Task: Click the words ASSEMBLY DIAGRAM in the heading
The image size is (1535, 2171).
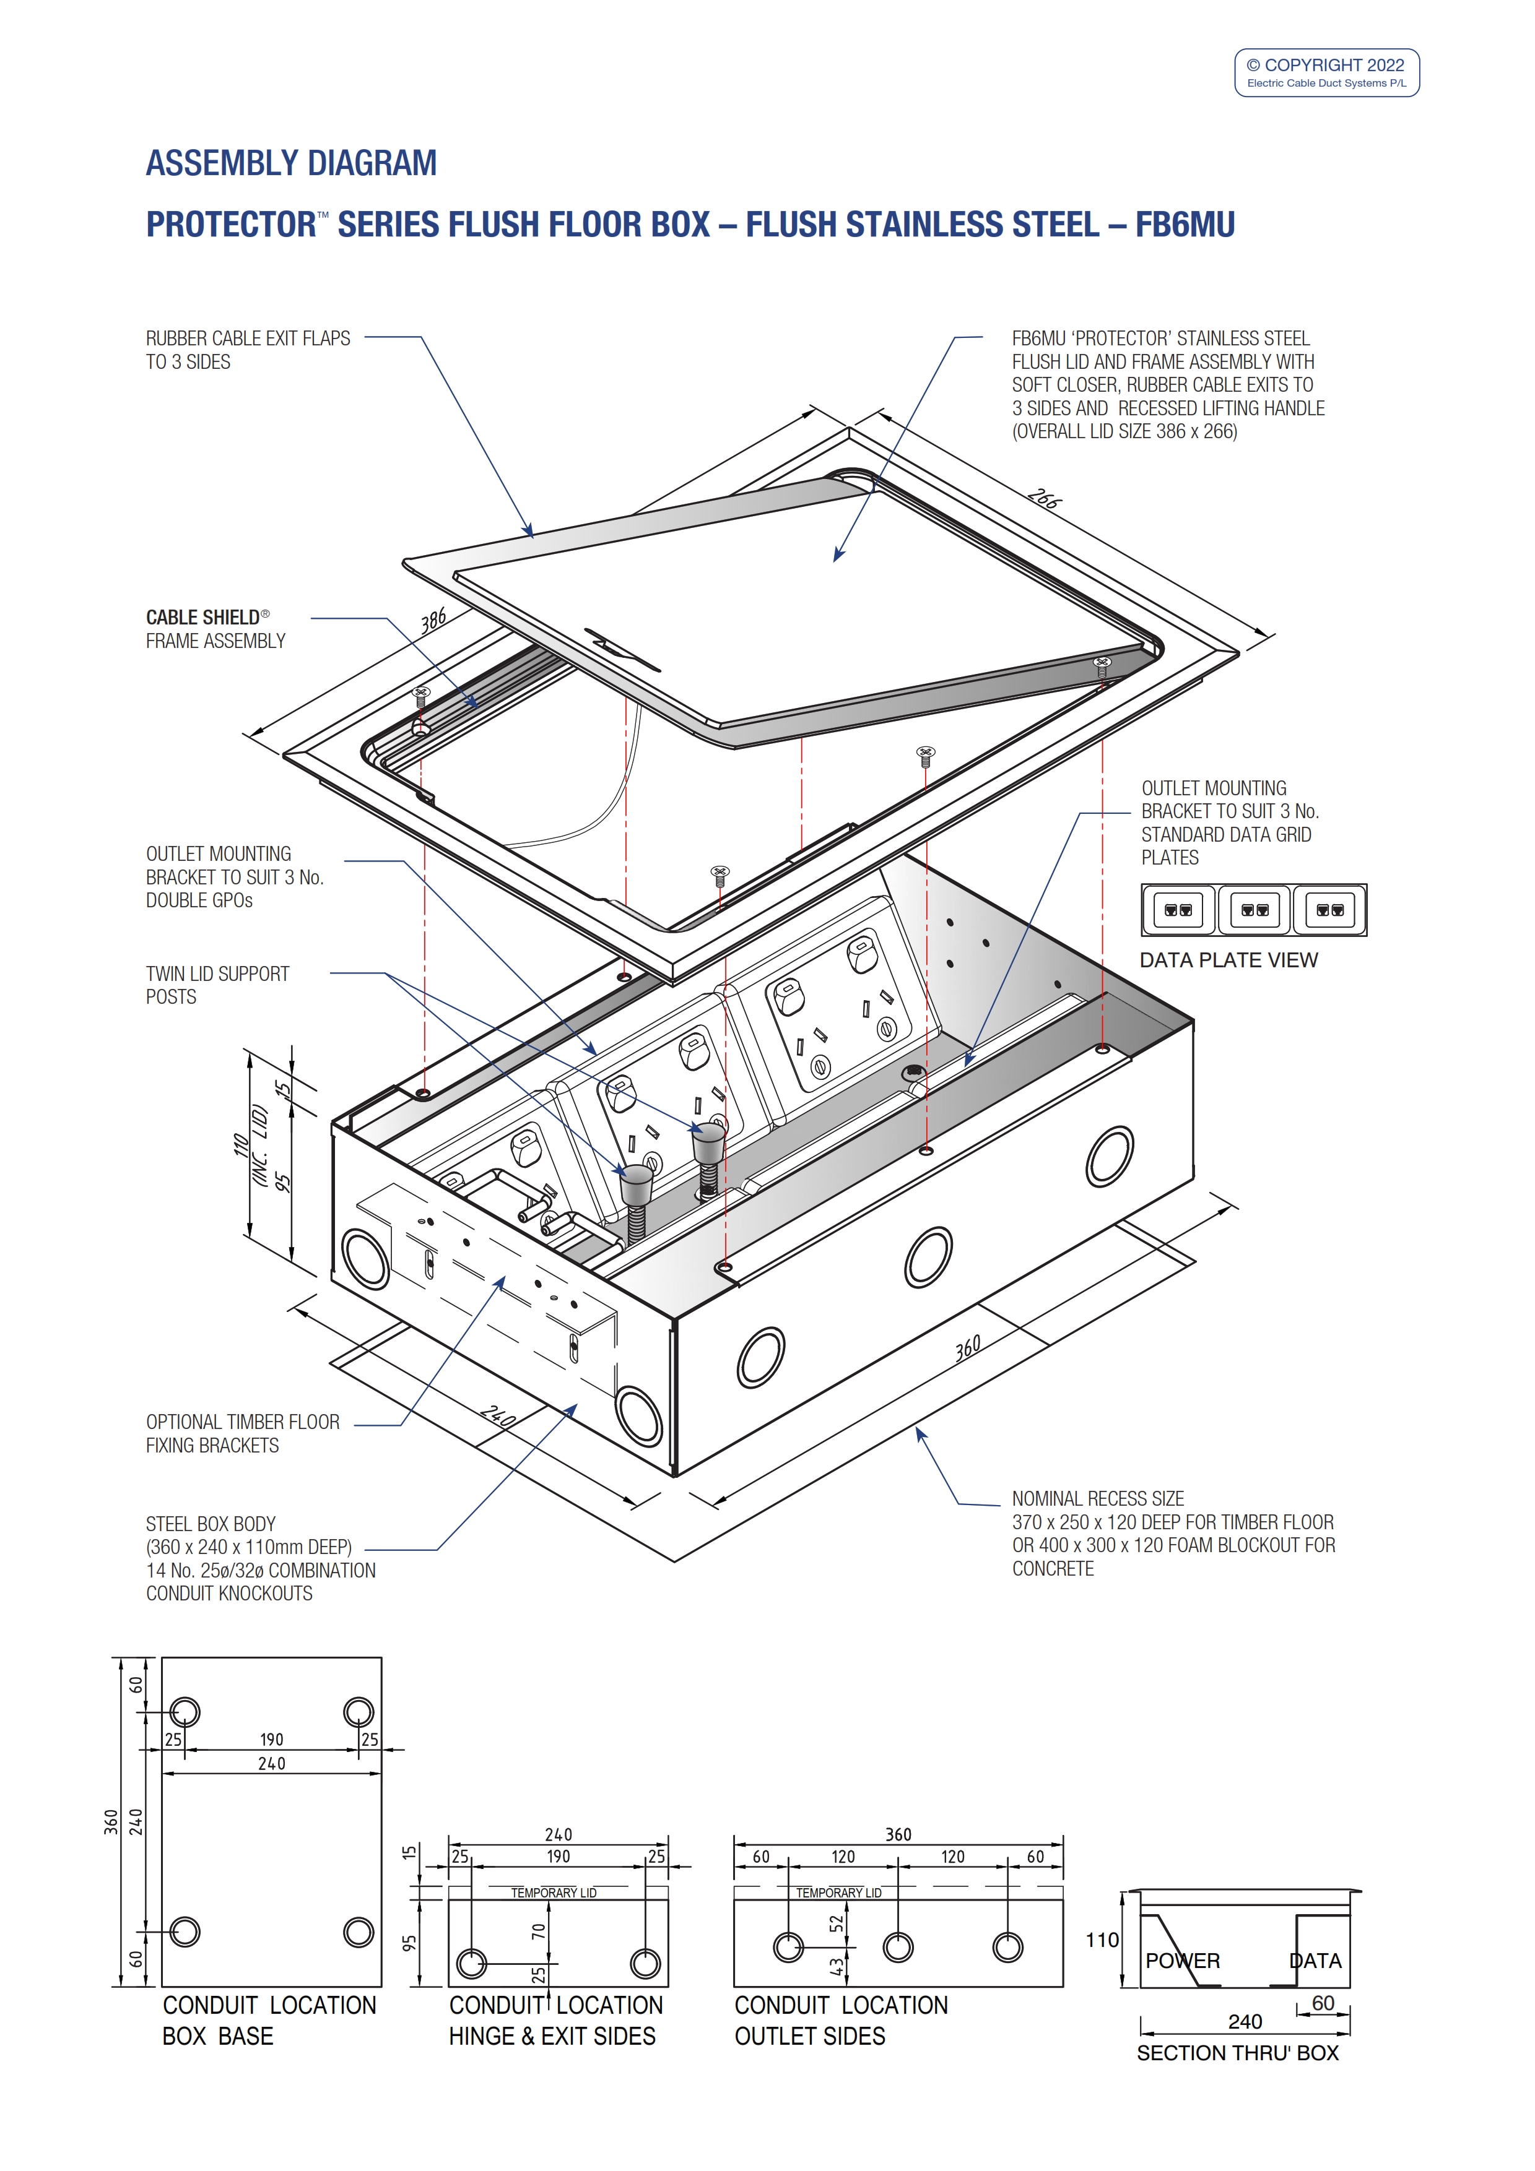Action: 291,163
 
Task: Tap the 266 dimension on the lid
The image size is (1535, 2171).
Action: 1043,498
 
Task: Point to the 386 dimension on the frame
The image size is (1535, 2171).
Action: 433,620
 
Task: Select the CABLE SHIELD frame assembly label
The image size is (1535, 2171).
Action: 215,629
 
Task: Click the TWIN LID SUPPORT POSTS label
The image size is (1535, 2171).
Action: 217,985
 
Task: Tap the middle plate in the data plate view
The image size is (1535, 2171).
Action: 1254,910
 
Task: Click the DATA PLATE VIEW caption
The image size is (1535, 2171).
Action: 1228,960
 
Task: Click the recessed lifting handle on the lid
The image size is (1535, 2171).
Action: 622,649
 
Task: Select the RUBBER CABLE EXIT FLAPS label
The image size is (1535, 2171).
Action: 247,350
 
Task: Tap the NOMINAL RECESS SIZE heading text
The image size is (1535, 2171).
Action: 1097,1499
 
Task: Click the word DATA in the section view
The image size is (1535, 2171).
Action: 1316,1961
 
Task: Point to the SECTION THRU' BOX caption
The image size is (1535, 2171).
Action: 1237,2053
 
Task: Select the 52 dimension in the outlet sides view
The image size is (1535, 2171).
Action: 836,1923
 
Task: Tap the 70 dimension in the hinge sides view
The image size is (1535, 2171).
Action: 538,1931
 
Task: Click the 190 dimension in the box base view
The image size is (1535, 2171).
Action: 271,1740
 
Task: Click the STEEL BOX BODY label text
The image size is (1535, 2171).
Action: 211,1524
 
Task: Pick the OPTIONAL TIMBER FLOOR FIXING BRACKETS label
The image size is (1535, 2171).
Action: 242,1433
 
